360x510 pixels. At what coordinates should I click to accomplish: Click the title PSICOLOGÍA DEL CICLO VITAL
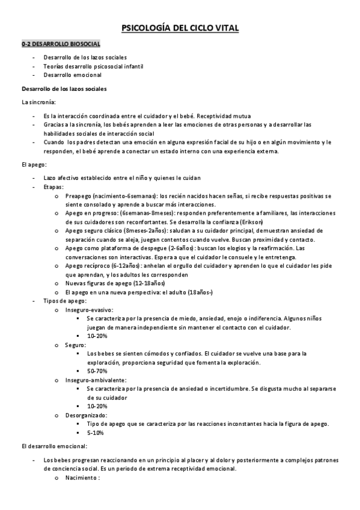[180, 28]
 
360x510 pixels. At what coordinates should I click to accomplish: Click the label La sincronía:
[38, 102]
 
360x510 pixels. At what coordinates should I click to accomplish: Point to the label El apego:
[34, 164]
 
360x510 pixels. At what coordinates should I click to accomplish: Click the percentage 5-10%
[95, 432]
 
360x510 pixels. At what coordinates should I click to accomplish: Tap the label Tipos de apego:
[65, 300]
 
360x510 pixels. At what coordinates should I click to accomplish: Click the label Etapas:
[54, 187]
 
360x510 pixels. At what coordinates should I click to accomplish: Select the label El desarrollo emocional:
[53, 446]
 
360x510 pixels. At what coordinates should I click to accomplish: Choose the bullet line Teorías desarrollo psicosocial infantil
[93, 66]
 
